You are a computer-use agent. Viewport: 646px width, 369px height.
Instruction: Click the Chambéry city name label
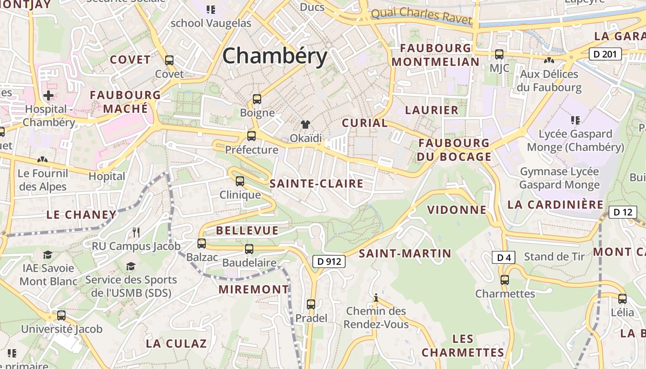pos(275,56)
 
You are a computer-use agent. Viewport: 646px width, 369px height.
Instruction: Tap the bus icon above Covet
pos(169,60)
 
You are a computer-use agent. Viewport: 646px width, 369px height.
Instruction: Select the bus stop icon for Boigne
pos(257,99)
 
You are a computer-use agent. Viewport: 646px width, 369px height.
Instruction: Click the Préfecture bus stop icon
pos(251,136)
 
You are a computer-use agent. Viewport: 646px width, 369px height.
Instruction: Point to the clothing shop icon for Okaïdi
pos(305,124)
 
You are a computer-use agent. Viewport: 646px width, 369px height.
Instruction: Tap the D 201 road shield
pos(605,54)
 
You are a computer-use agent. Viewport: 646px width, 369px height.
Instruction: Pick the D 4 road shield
pos(503,257)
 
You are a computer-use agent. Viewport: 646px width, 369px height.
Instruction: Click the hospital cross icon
pos(48,95)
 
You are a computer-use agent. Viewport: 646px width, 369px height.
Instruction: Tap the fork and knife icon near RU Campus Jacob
pos(136,232)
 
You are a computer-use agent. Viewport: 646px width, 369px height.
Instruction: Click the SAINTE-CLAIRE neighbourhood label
pos(317,184)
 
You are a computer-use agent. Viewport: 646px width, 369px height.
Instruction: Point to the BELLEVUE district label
pos(247,231)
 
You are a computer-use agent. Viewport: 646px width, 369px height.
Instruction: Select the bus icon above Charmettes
pos(505,280)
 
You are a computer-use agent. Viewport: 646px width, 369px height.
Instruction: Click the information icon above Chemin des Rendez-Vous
pos(376,298)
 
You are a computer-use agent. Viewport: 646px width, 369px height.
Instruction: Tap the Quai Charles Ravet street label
pos(421,16)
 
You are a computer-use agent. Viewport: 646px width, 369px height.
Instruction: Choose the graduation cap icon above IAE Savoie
pos(48,255)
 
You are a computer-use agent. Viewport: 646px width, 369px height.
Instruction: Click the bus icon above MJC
pos(499,54)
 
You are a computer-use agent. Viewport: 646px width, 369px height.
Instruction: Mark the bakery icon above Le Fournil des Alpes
pos(42,160)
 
